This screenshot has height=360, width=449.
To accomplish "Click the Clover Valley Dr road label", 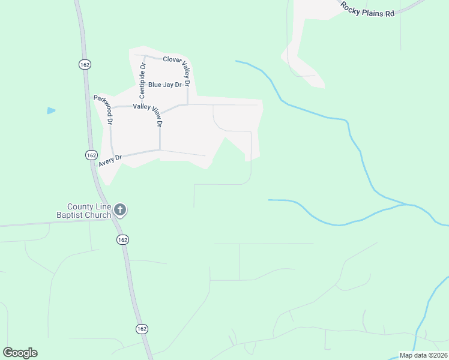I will pyautogui.click(x=181, y=59).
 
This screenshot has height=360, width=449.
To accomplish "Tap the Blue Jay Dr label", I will pyautogui.click(x=164, y=85).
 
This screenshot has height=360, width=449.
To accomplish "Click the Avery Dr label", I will pyautogui.click(x=110, y=160).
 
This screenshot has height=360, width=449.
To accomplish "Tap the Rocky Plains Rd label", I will pyautogui.click(x=367, y=8).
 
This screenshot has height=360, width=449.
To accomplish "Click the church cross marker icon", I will pyautogui.click(x=120, y=210).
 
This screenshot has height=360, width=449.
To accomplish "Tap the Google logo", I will pyautogui.click(x=20, y=353).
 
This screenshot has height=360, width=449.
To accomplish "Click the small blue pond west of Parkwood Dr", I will pyautogui.click(x=51, y=110).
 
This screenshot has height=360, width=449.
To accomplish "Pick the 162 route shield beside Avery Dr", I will pyautogui.click(x=91, y=155).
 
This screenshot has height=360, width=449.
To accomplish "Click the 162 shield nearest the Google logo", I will pyautogui.click(x=141, y=329).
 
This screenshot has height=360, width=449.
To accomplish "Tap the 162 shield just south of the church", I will pyautogui.click(x=122, y=239).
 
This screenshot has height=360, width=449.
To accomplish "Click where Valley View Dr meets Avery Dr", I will pyautogui.click(x=160, y=149).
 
